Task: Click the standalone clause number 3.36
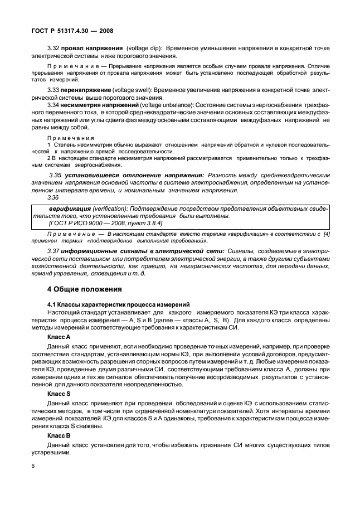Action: tap(53, 198)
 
